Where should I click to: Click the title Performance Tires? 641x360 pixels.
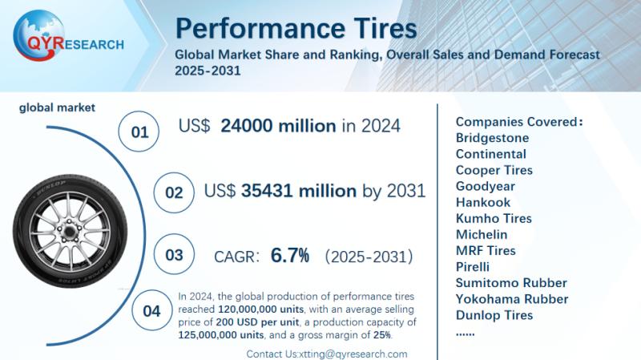tap(296, 28)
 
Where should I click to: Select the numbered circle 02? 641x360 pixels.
tap(173, 193)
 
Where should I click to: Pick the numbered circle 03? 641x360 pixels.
tap(174, 256)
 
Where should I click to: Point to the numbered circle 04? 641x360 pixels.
tap(151, 311)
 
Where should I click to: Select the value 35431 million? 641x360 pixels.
tap(299, 191)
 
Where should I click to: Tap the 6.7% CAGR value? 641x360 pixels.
tap(290, 256)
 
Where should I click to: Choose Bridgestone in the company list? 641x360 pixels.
tap(491, 138)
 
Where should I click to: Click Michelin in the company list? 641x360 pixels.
tap(481, 234)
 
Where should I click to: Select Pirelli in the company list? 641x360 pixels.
tap(472, 266)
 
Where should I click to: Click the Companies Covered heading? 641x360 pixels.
tap(518, 122)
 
